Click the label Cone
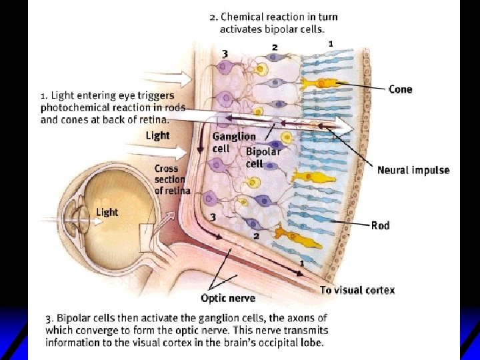400,89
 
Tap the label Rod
380,225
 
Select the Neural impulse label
413,170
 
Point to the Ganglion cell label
233,142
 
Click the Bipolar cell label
263,157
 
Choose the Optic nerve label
228,298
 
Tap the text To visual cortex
357,290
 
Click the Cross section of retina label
172,179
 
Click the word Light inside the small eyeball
107,212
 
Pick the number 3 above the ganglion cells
225,53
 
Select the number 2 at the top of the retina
275,47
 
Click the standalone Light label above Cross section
158,135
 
